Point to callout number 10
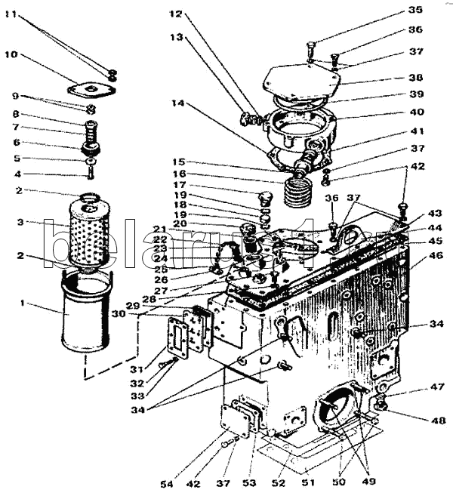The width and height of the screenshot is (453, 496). tap(10, 55)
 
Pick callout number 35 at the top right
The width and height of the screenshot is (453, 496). tap(415, 10)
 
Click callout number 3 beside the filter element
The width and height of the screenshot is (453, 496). tap(23, 222)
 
